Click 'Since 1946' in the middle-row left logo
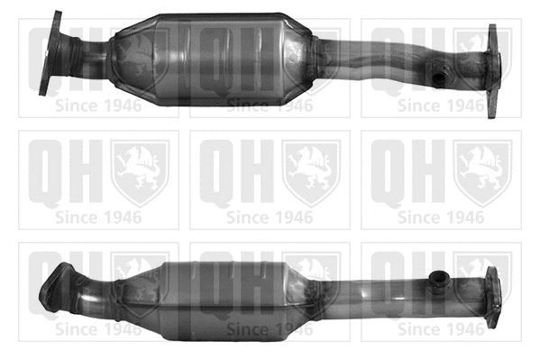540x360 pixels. (x=99, y=217)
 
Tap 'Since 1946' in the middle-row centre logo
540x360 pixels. (x=270, y=217)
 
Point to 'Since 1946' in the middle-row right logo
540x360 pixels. (x=441, y=217)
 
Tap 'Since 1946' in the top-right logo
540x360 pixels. (x=441, y=106)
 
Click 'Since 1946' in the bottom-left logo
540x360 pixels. (x=99, y=329)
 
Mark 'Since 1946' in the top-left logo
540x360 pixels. (x=99, y=106)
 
